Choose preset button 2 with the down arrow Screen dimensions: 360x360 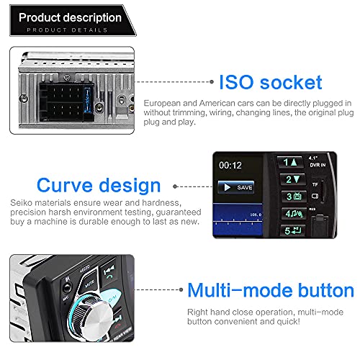292,179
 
